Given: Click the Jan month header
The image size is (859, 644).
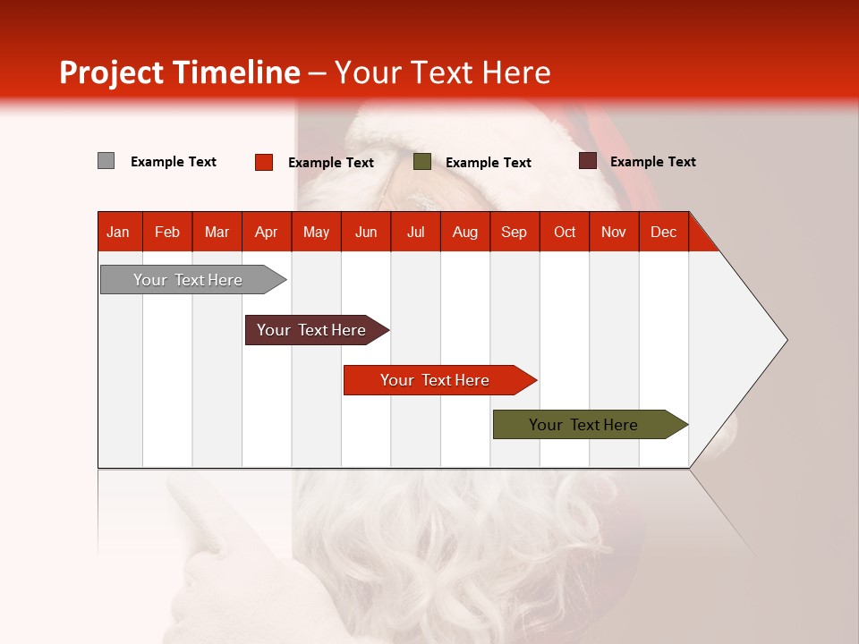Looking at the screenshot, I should [x=118, y=232].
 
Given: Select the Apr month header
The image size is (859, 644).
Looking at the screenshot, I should [x=266, y=232].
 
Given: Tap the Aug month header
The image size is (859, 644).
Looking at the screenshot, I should [x=464, y=232].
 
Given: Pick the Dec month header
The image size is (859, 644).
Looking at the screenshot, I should [x=663, y=232].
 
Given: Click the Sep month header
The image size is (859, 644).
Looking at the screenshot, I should [x=514, y=232].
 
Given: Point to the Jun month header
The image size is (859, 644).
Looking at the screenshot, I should [x=366, y=232].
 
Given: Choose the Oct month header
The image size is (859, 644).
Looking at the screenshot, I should [x=565, y=232].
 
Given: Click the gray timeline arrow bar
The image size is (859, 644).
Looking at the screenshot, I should [x=188, y=280].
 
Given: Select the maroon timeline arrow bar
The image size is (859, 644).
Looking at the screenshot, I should [x=311, y=330].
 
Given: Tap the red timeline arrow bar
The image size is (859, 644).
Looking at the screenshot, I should [x=435, y=380].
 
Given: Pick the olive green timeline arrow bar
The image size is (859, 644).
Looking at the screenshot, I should [x=583, y=425].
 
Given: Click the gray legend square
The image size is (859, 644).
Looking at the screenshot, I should [x=106, y=161].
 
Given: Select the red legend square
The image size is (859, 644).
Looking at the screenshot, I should [x=264, y=162].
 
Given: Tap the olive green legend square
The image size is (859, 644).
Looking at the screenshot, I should [x=422, y=162].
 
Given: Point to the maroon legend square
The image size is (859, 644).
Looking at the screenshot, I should [x=588, y=161].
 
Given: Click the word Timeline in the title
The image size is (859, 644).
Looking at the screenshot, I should [x=234, y=72].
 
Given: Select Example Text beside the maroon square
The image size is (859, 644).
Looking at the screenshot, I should [x=653, y=162].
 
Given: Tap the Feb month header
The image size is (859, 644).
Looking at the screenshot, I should [x=167, y=232].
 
